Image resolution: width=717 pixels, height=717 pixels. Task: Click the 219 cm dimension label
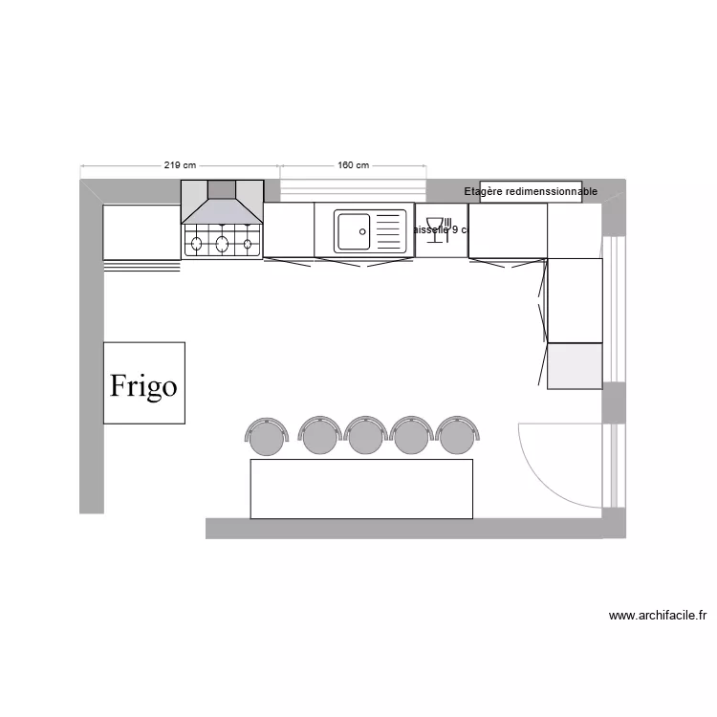180,165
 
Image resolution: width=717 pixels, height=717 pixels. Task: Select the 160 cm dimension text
353,165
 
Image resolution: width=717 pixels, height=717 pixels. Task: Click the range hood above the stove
222,203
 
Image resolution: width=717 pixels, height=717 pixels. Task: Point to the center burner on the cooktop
222,243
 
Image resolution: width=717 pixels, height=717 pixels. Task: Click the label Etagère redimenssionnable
531,191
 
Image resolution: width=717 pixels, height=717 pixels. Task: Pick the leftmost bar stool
266,436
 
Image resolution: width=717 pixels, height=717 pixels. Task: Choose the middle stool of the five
365,436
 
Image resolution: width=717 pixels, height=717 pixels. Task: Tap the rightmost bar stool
457,436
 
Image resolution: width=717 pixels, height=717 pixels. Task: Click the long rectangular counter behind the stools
361,489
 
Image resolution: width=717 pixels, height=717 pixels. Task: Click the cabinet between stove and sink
289,229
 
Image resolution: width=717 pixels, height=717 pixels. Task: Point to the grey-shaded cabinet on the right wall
575,365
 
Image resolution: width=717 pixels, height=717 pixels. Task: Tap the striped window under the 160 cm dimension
353,185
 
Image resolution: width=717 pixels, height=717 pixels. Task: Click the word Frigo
143,386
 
